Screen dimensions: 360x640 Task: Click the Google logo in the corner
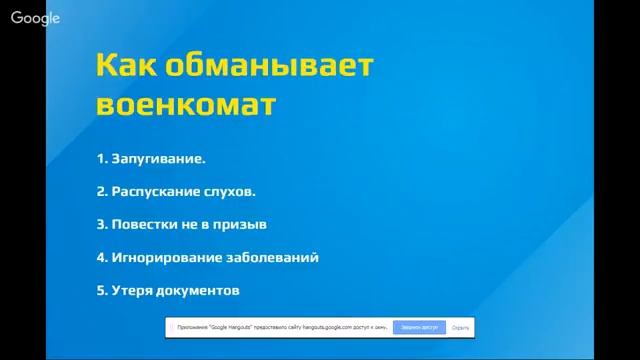36,18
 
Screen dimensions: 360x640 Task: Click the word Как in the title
127,66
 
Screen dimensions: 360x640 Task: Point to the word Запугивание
159,159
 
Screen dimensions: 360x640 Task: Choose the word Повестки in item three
142,224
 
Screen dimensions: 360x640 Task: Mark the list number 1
100,159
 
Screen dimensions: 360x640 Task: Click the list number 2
101,191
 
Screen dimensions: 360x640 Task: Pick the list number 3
101,224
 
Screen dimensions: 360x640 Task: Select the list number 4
101,257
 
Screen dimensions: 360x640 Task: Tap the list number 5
101,290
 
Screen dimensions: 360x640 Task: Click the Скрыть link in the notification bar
460,327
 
